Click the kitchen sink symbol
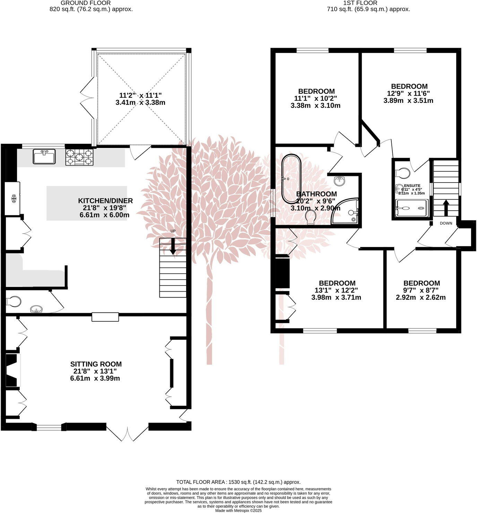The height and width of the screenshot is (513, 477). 44,156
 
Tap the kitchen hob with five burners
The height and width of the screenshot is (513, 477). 79,157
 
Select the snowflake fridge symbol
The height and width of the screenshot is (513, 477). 14,199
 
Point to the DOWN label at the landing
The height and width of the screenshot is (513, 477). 446,223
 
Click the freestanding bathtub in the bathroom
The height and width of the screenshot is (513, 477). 292,179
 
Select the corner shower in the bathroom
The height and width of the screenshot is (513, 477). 345,211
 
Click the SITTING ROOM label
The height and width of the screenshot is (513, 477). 96,364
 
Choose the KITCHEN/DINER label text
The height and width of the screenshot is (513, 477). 105,201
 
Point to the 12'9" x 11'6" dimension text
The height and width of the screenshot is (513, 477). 409,94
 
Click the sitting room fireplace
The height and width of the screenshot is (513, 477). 12,370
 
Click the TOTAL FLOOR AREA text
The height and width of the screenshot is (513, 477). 238,482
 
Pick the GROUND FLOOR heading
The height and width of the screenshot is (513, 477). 86,3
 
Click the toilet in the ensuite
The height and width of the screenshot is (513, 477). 403,172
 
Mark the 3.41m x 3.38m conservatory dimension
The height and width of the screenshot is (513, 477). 140,103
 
